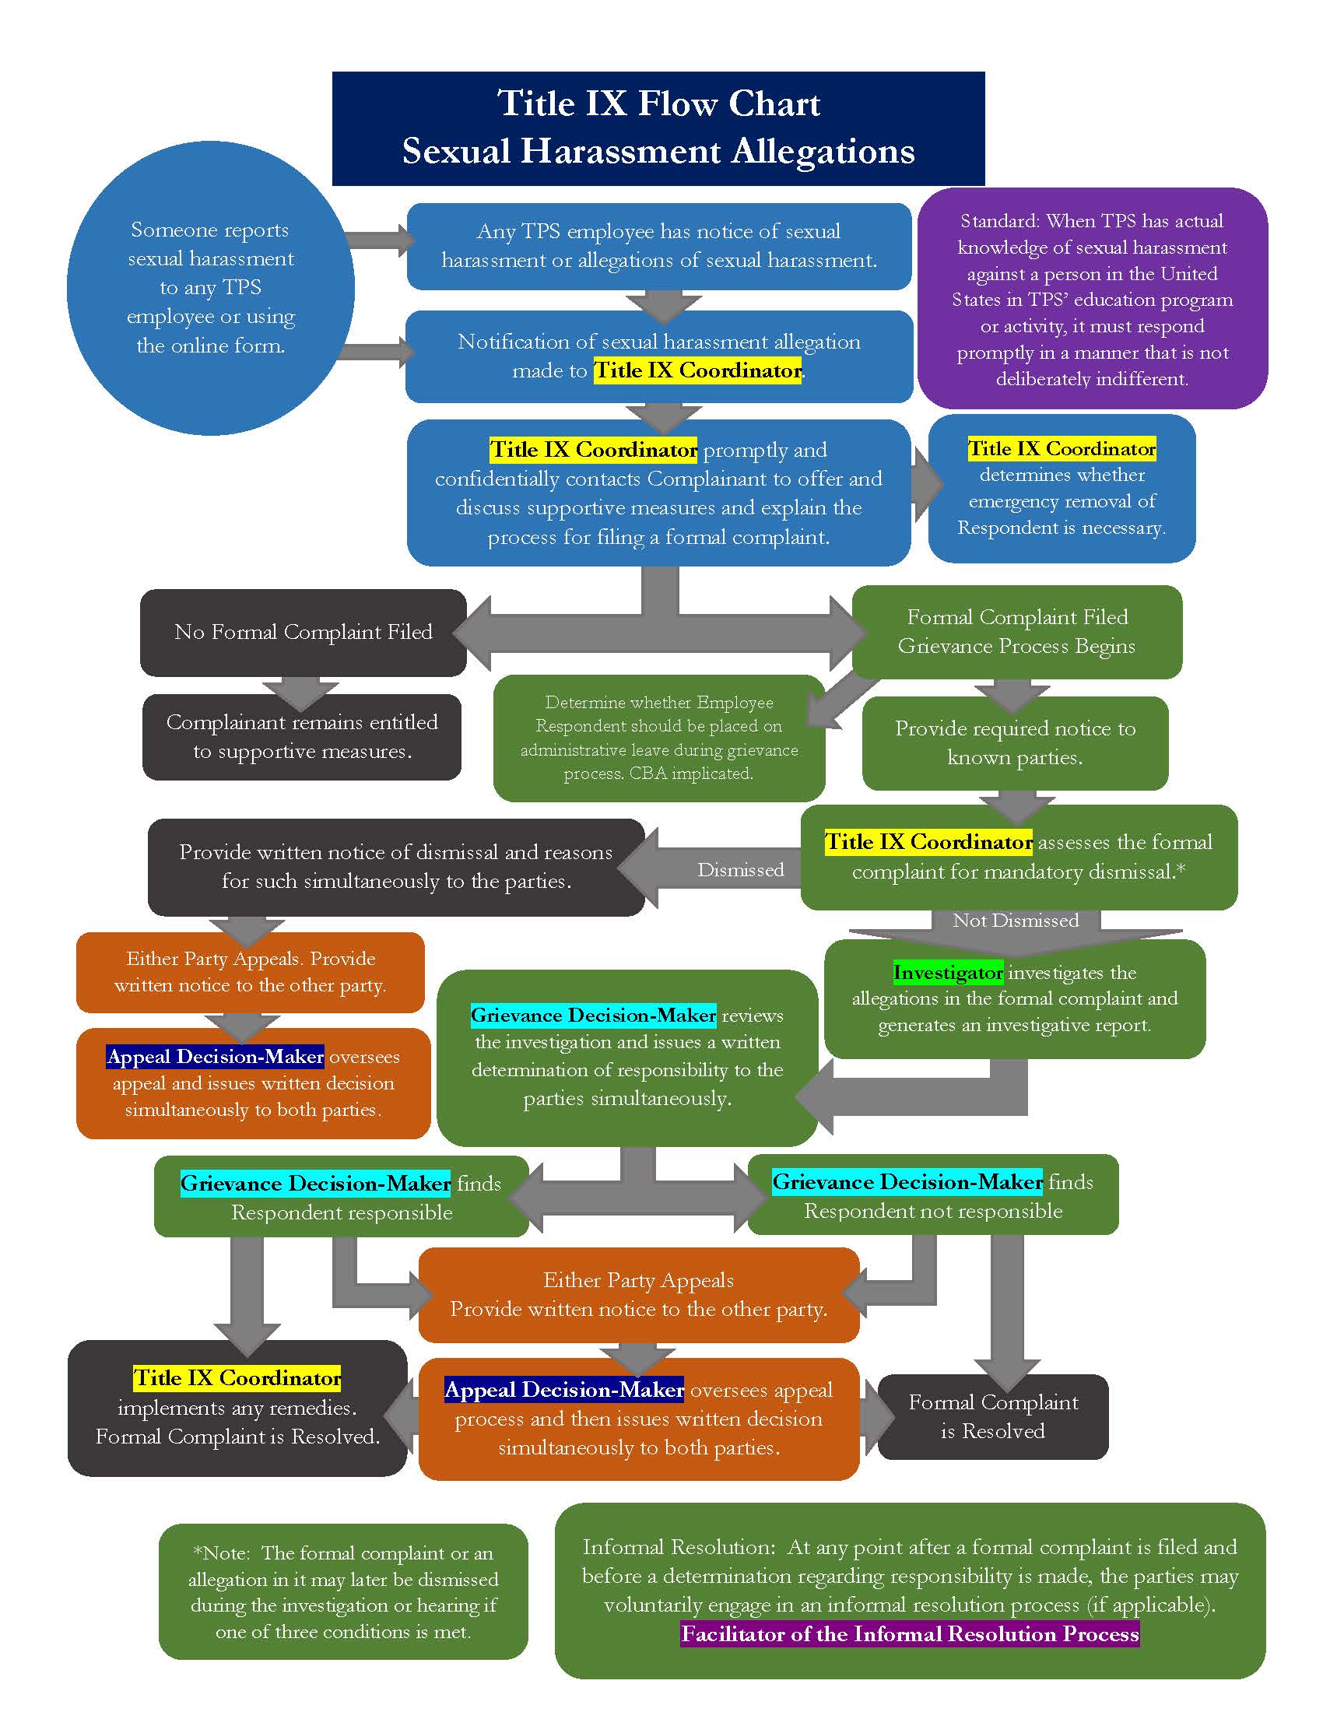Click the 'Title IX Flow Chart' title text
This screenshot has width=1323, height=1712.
(x=658, y=104)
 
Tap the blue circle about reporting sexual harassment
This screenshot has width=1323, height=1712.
(x=210, y=288)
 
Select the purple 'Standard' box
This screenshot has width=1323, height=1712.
(x=1092, y=299)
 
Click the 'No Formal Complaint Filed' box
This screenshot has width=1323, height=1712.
(x=304, y=633)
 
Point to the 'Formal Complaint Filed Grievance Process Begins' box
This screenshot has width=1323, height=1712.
(x=1016, y=632)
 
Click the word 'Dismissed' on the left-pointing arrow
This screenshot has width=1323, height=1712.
(x=741, y=870)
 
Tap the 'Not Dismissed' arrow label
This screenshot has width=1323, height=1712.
(x=1015, y=921)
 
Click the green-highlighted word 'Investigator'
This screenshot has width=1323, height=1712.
(x=948, y=973)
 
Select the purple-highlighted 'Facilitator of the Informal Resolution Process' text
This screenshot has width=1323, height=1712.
(x=909, y=1634)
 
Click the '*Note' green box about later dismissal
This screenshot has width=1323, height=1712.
(x=343, y=1592)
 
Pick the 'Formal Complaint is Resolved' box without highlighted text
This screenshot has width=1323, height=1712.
(x=993, y=1416)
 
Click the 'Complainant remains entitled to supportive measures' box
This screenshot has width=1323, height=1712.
(x=302, y=737)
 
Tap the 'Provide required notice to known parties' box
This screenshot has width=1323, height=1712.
(x=1015, y=743)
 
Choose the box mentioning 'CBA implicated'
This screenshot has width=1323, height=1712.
(x=658, y=738)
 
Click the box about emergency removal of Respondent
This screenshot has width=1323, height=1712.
(x=1062, y=489)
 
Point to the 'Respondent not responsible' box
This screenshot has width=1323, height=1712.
(x=932, y=1196)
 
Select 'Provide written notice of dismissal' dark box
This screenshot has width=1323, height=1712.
(x=396, y=867)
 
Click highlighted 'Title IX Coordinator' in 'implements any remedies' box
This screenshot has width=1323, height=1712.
(x=237, y=1378)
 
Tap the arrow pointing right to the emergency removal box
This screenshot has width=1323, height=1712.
(x=927, y=485)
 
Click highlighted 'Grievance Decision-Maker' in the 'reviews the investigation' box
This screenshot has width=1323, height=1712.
(x=593, y=1016)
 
